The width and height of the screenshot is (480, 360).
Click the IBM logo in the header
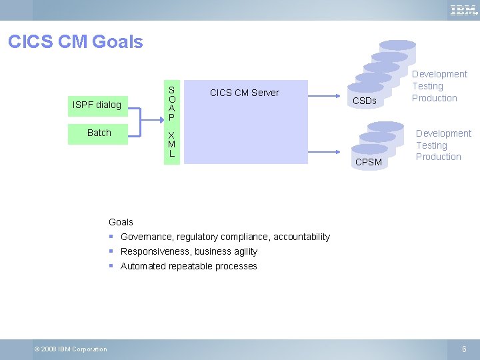(x=463, y=10)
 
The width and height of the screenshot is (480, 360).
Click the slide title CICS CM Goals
(x=75, y=42)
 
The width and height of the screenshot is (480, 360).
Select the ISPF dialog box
(x=97, y=105)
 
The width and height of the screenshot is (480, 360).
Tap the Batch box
(x=99, y=133)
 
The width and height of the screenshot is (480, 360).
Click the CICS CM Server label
(x=244, y=93)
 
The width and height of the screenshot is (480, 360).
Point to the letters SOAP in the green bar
(x=171, y=103)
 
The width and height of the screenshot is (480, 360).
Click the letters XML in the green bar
(x=171, y=144)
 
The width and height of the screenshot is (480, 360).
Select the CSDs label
(x=364, y=101)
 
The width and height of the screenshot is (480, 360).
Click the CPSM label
(x=369, y=162)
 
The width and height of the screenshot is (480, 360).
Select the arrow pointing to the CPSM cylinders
(x=327, y=151)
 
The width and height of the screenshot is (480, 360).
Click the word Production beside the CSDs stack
(x=434, y=98)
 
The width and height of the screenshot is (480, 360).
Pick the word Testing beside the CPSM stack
(x=431, y=145)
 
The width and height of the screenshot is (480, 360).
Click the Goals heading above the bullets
(x=121, y=222)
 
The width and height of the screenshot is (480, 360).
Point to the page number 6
(x=465, y=349)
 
